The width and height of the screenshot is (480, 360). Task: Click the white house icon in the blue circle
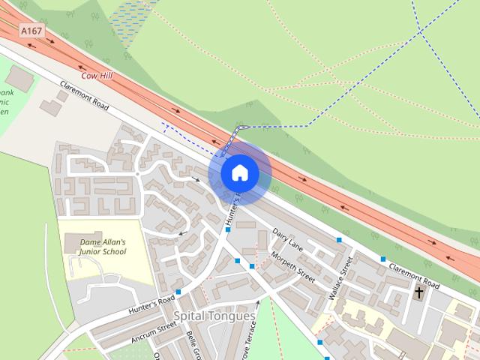pyautogui.click(x=240, y=173)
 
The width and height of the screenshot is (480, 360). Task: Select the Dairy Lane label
pyautogui.click(x=288, y=238)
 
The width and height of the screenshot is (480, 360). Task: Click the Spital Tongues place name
pyautogui.click(x=214, y=316)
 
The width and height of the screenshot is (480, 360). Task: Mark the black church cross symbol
pyautogui.click(x=418, y=292)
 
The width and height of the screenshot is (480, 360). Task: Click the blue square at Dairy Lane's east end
pyautogui.click(x=340, y=240)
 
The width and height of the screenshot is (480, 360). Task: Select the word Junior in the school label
pyautogui.click(x=94, y=253)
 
